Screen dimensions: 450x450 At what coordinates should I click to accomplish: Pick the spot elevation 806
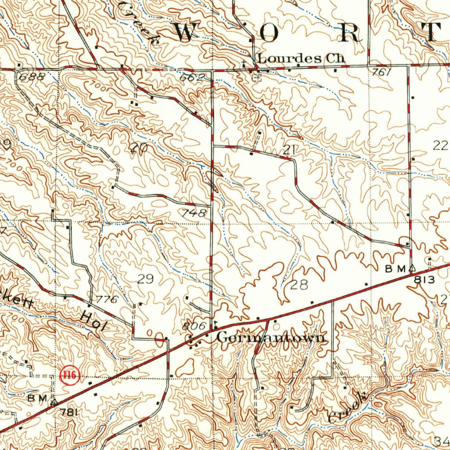(x=193, y=326)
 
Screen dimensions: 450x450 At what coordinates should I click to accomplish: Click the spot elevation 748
(x=193, y=213)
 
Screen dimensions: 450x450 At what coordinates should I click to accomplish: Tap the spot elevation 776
(x=107, y=300)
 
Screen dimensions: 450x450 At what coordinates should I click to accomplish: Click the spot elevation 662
(x=192, y=78)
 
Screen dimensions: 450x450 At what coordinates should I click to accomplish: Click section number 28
(x=299, y=285)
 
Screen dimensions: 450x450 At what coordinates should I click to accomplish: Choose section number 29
(x=146, y=279)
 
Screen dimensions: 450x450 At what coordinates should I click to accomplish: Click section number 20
(x=139, y=149)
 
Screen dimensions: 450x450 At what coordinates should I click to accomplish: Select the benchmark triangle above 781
(x=54, y=401)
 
